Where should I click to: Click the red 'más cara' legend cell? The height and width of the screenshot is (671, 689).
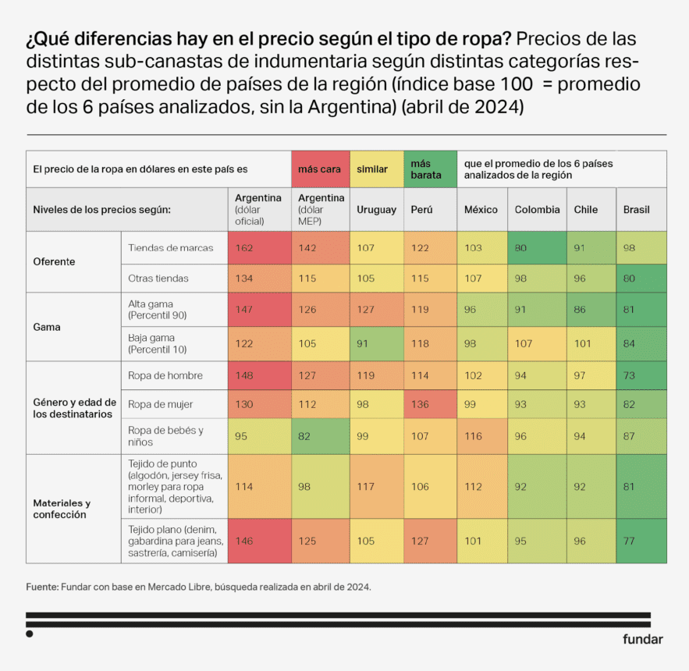[320, 169]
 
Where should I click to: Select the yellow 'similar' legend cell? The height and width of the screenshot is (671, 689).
[377, 169]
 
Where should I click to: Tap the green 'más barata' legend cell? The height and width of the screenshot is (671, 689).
[430, 169]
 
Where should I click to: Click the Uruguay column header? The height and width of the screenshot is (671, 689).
[377, 210]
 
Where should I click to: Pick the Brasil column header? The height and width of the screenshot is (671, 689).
[637, 210]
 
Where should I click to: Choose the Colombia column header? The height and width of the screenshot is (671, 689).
[537, 210]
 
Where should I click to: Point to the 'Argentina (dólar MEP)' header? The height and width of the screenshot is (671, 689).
[321, 210]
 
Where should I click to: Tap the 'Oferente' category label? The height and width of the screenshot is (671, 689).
[54, 262]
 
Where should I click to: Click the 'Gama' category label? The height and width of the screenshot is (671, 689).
[46, 327]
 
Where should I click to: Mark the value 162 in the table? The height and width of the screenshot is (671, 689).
[246, 248]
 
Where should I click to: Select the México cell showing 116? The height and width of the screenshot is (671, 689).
[474, 435]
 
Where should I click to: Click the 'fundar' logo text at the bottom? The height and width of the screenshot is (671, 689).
[642, 639]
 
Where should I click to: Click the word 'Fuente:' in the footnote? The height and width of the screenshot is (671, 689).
[42, 585]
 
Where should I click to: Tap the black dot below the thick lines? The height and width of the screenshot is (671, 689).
[30, 634]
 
